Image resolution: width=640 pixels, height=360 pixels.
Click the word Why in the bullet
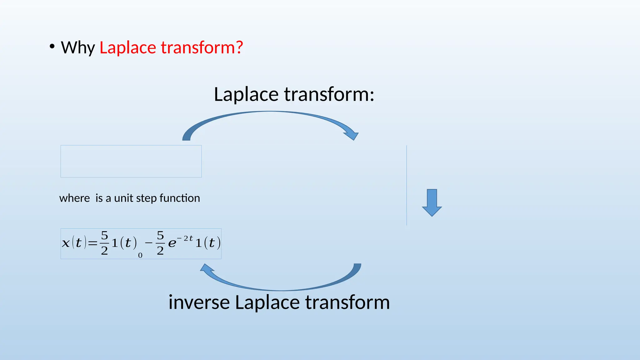click(78, 48)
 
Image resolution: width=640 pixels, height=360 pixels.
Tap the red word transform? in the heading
click(202, 48)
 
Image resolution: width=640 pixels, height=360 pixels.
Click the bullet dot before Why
click(52, 47)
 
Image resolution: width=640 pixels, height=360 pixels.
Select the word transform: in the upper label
click(329, 94)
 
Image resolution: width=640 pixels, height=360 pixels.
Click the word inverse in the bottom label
click(199, 302)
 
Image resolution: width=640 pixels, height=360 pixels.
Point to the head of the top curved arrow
click(352, 135)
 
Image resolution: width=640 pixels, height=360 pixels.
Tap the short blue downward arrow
click(432, 203)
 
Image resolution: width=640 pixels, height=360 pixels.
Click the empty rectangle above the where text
click(131, 161)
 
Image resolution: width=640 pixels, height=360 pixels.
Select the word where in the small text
click(74, 198)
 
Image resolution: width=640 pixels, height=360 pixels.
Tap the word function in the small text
click(180, 198)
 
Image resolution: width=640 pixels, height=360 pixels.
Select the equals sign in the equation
click(92, 243)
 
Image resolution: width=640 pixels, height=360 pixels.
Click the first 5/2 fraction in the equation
click(104, 243)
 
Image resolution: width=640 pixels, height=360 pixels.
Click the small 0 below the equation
click(140, 256)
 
